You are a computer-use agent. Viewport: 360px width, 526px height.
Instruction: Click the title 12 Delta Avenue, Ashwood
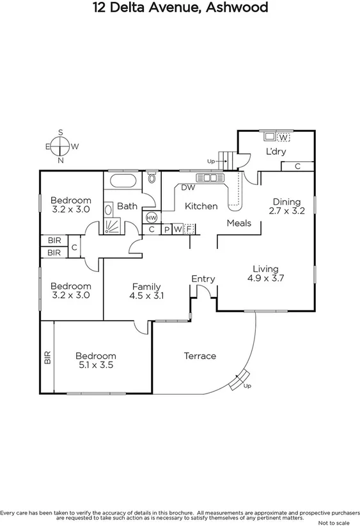pyautogui.click(x=180, y=8)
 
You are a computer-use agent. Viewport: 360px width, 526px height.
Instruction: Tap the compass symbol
pyautogui.click(x=61, y=147)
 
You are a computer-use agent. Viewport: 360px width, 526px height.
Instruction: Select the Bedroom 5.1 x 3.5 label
pyautogui.click(x=95, y=361)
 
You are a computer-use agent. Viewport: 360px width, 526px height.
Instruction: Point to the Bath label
pyautogui.click(x=127, y=206)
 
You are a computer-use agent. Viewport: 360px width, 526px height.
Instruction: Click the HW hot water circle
pyautogui.click(x=152, y=218)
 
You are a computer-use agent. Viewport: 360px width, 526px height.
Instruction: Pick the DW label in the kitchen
pyautogui.click(x=187, y=187)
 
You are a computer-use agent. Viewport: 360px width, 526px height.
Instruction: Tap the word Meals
pyautogui.click(x=239, y=223)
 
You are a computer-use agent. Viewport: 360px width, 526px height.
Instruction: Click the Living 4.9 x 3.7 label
pyautogui.click(x=265, y=273)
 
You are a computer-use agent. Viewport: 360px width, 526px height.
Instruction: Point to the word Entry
pyautogui.click(x=203, y=279)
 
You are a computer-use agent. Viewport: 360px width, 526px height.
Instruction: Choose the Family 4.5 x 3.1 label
pyautogui.click(x=146, y=291)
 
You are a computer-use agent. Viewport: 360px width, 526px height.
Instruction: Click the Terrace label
pyautogui.click(x=200, y=356)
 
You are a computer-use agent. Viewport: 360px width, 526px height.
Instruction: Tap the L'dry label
pyautogui.click(x=276, y=152)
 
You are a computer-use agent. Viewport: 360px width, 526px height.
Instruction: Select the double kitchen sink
pyautogui.click(x=208, y=177)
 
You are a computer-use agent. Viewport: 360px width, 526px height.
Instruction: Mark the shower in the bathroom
pyautogui.click(x=112, y=226)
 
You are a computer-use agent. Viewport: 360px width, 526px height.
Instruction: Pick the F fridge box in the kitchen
pyautogui.click(x=189, y=229)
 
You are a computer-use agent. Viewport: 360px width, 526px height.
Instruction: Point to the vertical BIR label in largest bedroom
pyautogui.click(x=47, y=358)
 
